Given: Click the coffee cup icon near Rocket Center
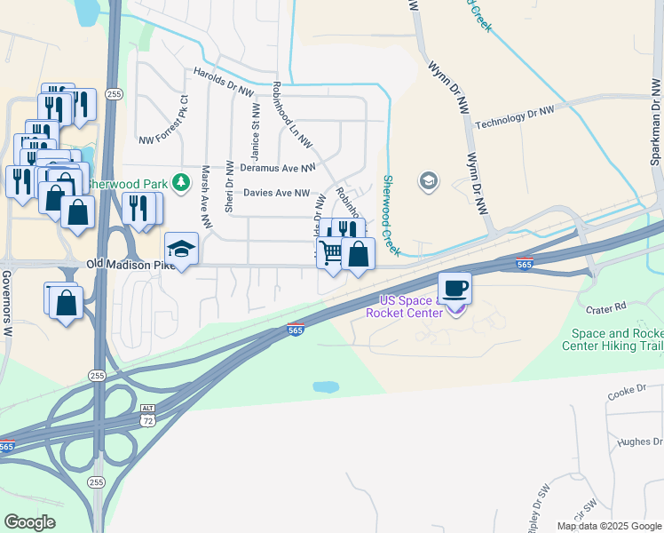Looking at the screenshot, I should (x=455, y=289).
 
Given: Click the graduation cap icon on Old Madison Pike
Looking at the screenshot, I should (x=181, y=249).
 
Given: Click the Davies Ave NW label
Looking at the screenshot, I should (x=276, y=193).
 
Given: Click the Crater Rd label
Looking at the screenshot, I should (x=606, y=306).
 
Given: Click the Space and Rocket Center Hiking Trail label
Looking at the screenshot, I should (x=613, y=339).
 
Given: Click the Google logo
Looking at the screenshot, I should (x=30, y=522).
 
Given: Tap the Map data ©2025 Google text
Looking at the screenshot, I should (x=608, y=526).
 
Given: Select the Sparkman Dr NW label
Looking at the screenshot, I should (x=655, y=124).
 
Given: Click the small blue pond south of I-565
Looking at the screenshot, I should (x=325, y=387).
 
